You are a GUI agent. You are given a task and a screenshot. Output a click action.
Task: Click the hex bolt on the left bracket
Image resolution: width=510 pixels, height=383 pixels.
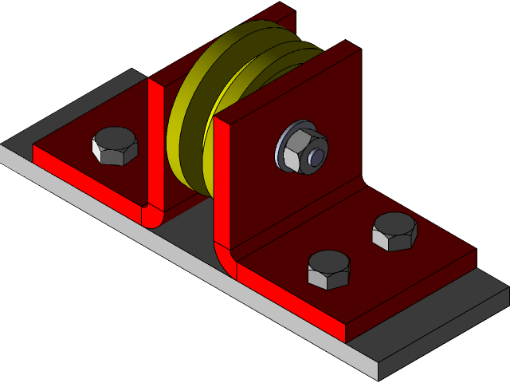point(116,146)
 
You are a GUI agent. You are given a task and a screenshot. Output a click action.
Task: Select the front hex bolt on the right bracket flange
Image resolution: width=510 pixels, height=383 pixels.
point(328,270)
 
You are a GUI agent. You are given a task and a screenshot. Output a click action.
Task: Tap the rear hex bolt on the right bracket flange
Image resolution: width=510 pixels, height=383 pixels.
point(394,231)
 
